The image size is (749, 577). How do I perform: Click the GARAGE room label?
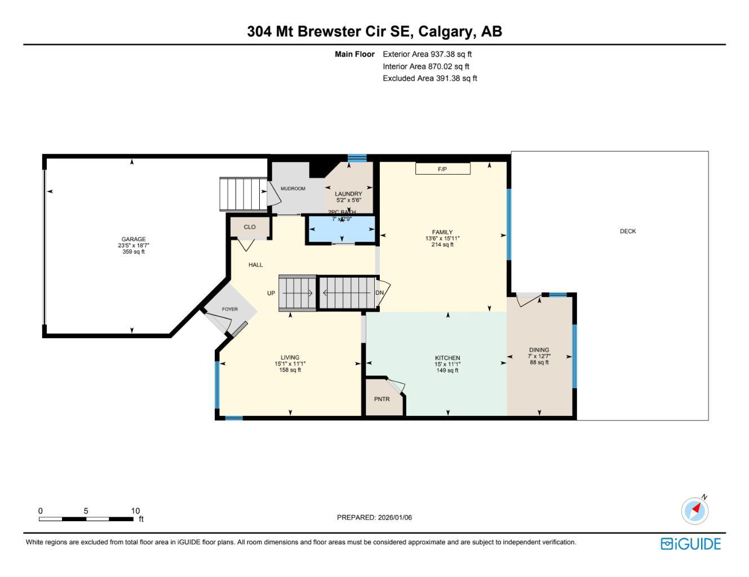[x=134, y=239]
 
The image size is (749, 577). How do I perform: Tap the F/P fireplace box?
[x=442, y=169]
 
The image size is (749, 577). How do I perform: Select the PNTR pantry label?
[x=382, y=400]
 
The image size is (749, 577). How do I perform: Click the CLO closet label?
[x=250, y=227]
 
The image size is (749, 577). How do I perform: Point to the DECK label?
[x=628, y=231]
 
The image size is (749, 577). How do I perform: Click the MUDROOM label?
[x=293, y=189]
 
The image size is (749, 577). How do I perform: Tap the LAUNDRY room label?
[x=348, y=194]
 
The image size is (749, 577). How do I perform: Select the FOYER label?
[x=229, y=309]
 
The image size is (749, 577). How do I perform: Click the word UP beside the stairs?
[x=271, y=294]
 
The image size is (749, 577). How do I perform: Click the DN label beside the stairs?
[x=380, y=293]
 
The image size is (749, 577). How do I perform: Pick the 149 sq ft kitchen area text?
[x=447, y=371]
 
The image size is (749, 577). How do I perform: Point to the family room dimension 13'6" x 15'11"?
[x=442, y=238]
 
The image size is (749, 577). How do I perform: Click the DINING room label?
[x=539, y=350]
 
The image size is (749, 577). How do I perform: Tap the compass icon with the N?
[x=695, y=511]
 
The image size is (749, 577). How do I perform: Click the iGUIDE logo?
[x=690, y=544]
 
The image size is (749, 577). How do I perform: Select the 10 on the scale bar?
[x=135, y=511]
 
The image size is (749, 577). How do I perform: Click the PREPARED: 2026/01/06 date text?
[x=374, y=517]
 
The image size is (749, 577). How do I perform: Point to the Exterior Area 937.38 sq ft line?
[x=427, y=55]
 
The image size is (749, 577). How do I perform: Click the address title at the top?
[x=374, y=32]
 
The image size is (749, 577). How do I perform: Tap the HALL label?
[x=255, y=265]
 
